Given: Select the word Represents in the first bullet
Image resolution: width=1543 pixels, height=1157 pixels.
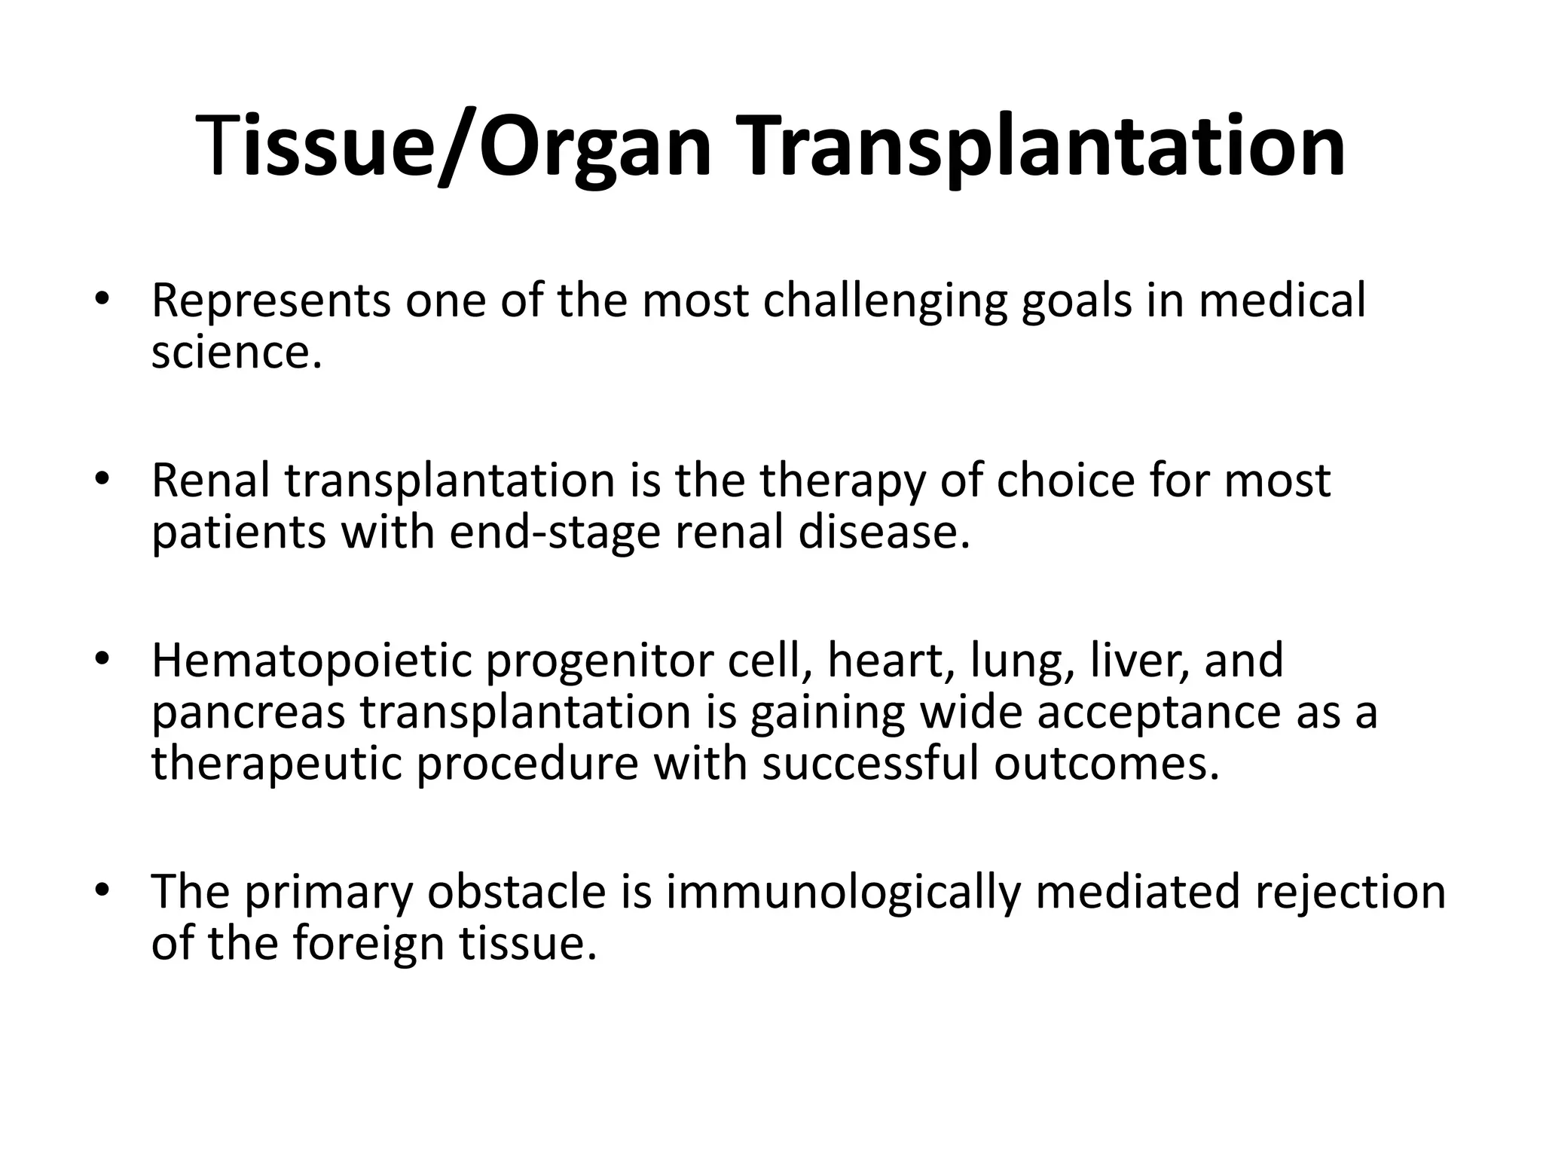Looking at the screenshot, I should (x=270, y=301).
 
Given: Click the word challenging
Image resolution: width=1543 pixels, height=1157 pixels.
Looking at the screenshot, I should (x=885, y=301).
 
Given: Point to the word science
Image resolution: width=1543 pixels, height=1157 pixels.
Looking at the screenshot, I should (x=236, y=353).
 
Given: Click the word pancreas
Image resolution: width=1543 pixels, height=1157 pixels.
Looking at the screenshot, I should (x=248, y=713).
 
